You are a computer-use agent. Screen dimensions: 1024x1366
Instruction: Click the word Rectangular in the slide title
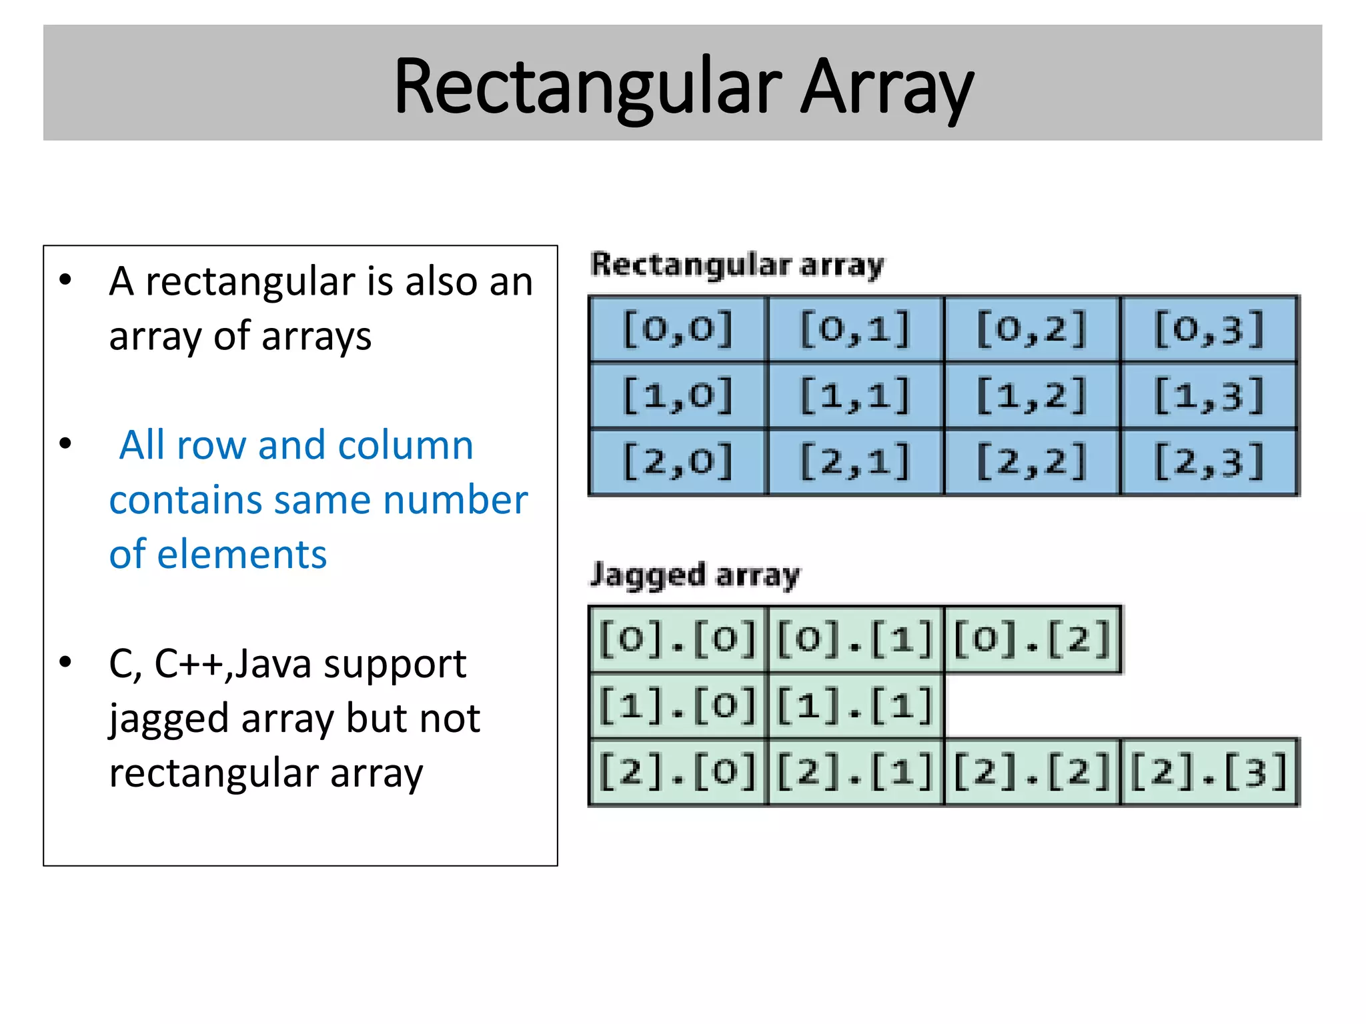pos(587,87)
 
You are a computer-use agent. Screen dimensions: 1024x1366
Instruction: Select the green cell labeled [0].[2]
pos(1032,639)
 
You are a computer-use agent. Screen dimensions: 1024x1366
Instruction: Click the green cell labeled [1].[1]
pos(855,705)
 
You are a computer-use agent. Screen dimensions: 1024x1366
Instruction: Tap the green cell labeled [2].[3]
pos(1209,771)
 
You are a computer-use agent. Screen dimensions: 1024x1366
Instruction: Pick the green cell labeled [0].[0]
pos(678,639)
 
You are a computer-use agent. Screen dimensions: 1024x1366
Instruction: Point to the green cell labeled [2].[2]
pos(1032,771)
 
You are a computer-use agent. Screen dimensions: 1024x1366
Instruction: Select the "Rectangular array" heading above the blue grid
pos(737,265)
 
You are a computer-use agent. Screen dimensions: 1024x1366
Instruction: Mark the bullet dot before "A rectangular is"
pos(65,280)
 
